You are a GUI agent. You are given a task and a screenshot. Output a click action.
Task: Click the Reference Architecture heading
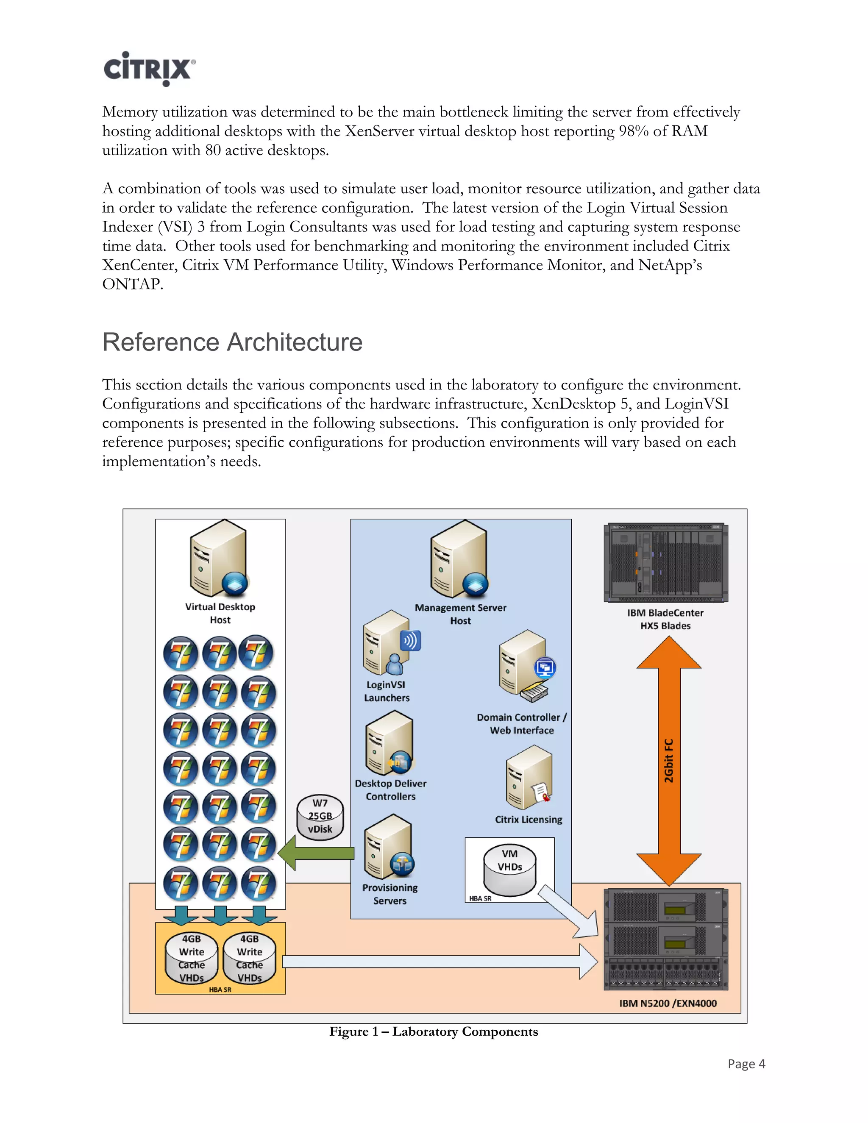(232, 342)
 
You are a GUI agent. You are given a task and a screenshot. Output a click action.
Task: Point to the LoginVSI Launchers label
(387, 692)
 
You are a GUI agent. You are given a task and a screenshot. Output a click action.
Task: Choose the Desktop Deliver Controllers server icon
(389, 744)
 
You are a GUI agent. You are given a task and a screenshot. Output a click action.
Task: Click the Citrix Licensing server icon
(529, 778)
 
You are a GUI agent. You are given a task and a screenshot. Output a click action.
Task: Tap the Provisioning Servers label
(390, 894)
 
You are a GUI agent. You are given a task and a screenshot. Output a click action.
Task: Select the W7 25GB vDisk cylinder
(320, 817)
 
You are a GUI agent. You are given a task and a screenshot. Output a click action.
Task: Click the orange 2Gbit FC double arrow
(668, 761)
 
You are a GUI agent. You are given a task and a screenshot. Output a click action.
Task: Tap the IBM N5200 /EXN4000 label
(668, 1003)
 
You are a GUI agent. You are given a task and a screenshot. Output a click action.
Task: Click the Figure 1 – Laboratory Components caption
(434, 1032)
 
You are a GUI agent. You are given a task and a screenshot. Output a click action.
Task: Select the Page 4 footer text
(746, 1064)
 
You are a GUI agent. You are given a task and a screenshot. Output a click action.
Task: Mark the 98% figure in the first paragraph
(634, 131)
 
